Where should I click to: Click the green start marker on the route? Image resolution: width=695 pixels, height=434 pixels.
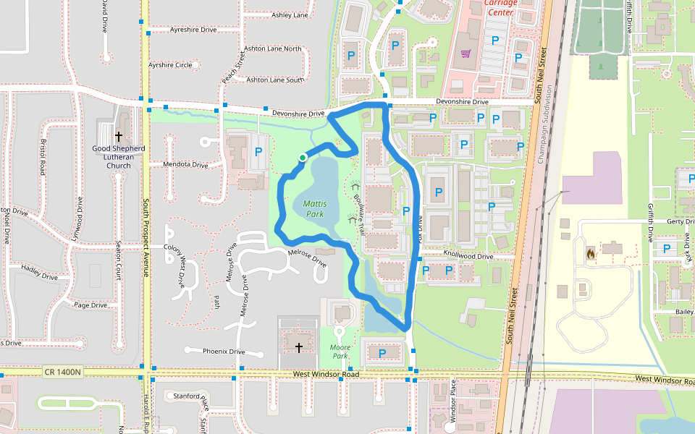(x=303, y=157)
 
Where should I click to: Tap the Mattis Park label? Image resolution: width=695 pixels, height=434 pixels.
(x=314, y=209)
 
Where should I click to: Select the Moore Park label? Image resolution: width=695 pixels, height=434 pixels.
(x=341, y=352)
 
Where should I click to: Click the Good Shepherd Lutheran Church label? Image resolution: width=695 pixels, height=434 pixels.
(x=119, y=157)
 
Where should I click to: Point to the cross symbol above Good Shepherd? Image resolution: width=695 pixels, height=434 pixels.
(x=119, y=136)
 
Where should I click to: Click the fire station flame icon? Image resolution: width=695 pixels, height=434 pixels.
(x=590, y=254)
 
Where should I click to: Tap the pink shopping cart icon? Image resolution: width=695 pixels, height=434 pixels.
(x=466, y=53)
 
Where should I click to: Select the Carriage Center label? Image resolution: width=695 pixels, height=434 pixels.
(x=501, y=7)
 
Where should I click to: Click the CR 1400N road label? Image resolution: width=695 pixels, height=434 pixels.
(x=63, y=372)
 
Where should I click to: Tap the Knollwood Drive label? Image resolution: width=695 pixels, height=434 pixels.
(x=468, y=256)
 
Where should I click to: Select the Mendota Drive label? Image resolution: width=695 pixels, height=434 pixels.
(x=185, y=165)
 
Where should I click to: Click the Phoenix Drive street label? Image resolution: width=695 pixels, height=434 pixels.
(x=224, y=352)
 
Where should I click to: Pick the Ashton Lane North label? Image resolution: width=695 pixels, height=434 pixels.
(x=273, y=48)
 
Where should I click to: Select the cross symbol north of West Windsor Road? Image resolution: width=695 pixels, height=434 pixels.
(x=298, y=348)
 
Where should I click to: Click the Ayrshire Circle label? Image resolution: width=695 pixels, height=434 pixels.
(x=170, y=65)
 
